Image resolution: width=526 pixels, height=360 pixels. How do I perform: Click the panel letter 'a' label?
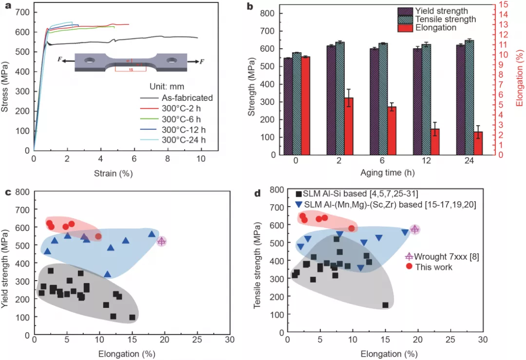click(x=8, y=6)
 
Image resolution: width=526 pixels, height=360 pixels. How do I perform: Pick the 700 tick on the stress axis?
click(x=23, y=12)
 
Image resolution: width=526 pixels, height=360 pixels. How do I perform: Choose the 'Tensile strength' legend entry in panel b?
click(x=445, y=19)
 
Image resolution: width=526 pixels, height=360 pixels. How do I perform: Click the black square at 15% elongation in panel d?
click(x=385, y=305)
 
